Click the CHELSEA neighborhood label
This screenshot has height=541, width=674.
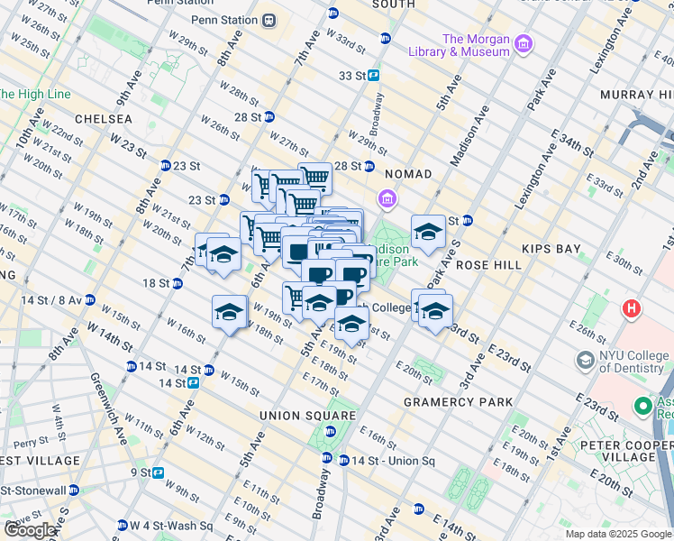click(104, 119)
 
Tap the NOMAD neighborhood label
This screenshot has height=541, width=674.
click(409, 173)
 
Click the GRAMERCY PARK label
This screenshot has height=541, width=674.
click(458, 402)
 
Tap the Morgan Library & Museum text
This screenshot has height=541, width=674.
click(476, 45)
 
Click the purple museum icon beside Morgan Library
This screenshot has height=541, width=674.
click(524, 44)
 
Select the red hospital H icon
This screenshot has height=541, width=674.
click(632, 309)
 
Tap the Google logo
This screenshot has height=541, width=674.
click(30, 529)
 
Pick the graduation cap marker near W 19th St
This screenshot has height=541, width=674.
click(230, 313)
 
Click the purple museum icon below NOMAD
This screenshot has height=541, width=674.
click(387, 197)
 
